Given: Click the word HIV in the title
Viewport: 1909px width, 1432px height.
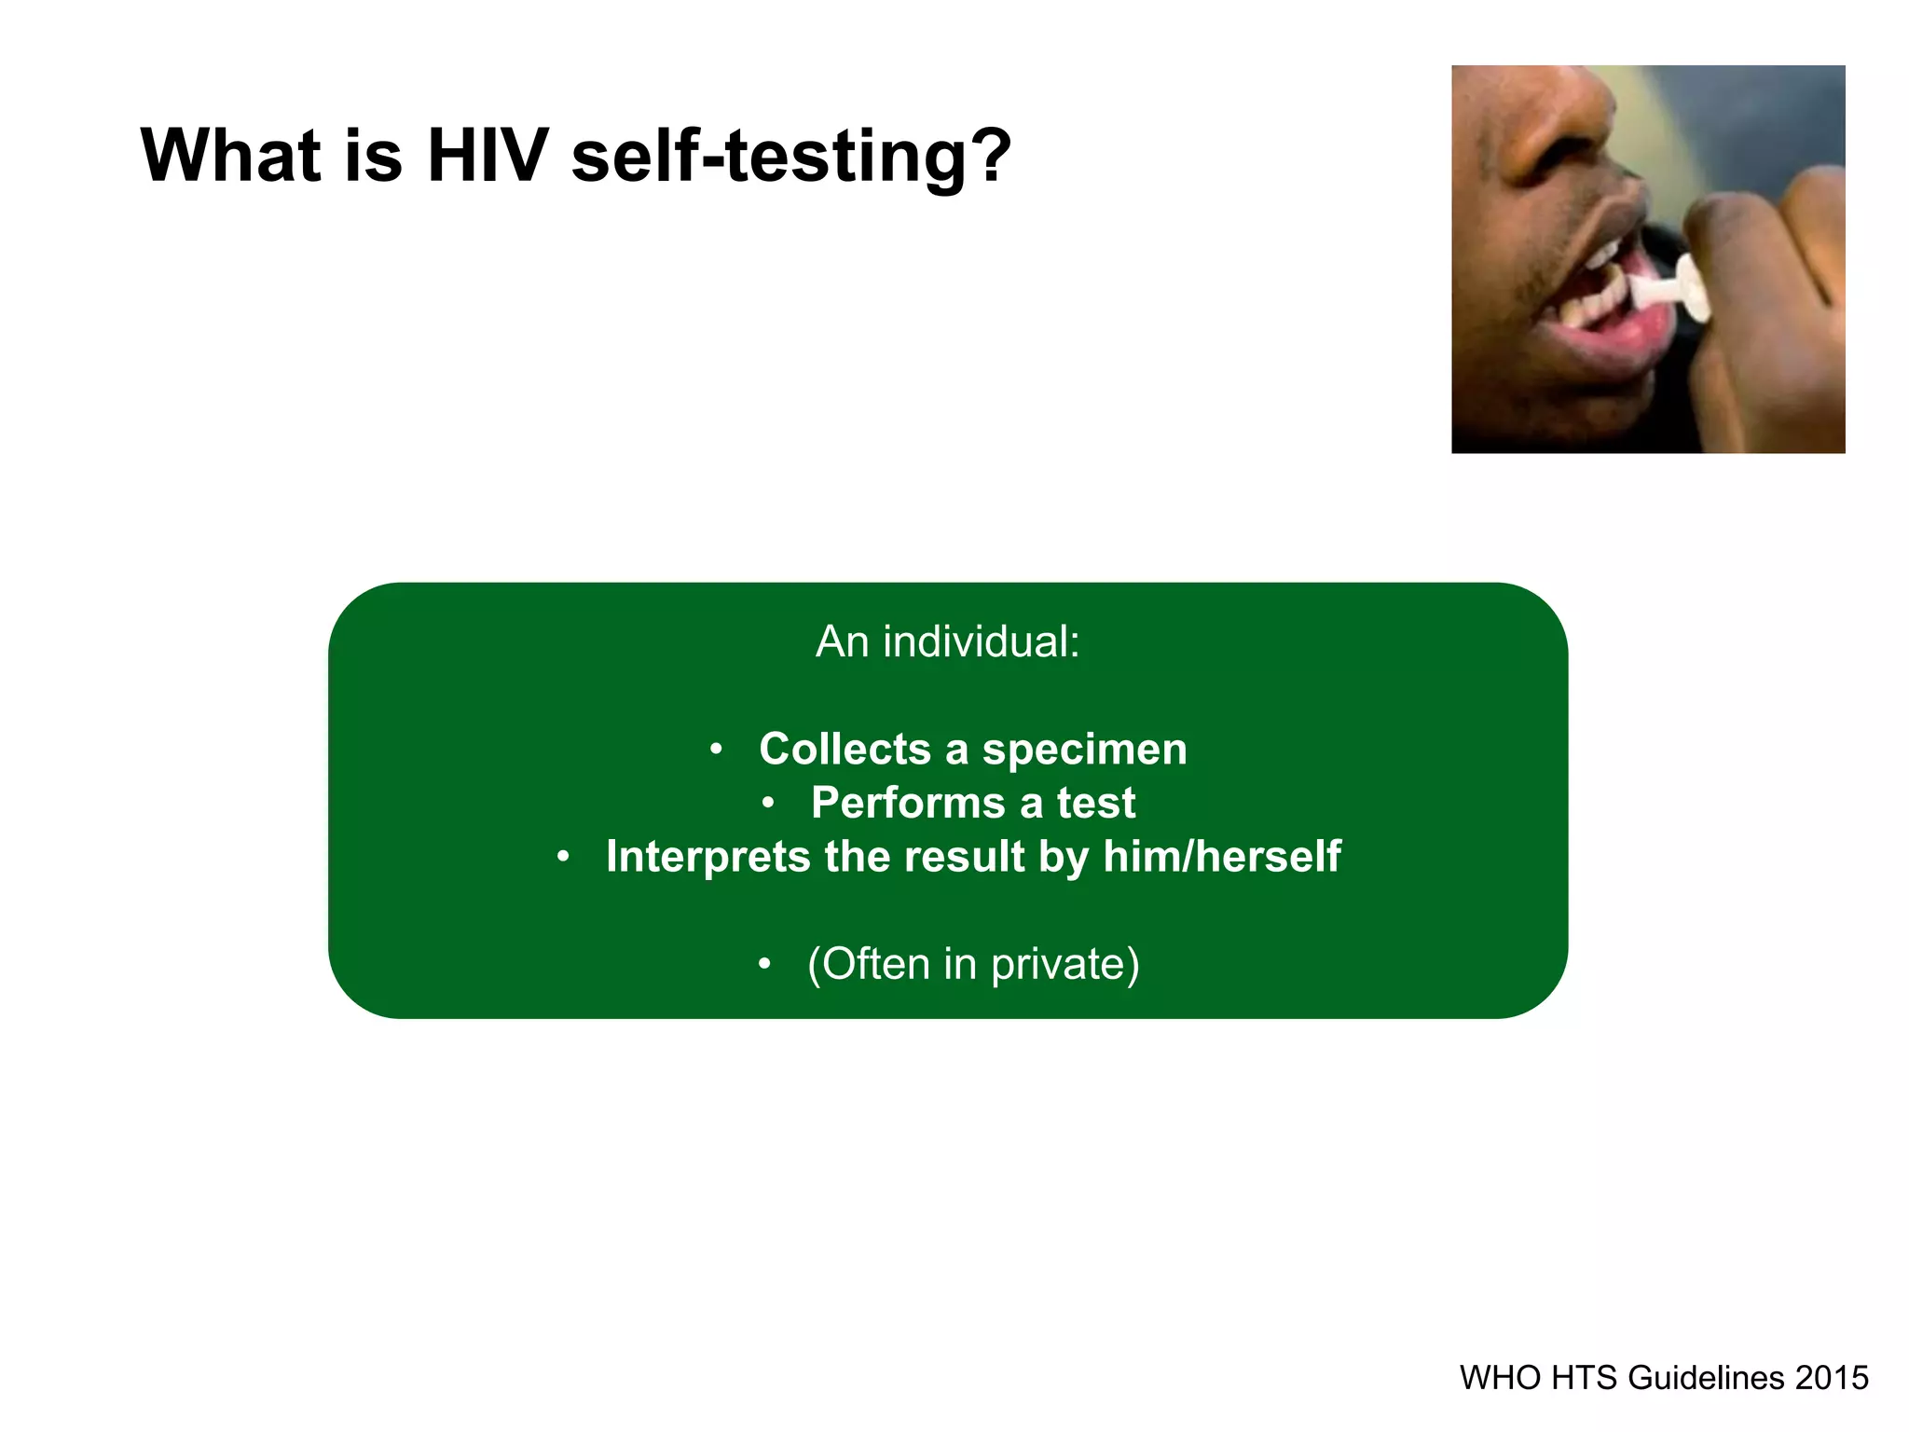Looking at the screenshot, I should point(487,155).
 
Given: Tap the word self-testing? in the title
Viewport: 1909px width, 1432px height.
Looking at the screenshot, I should point(790,157).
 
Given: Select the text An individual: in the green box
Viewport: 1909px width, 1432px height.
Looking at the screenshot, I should point(947,641).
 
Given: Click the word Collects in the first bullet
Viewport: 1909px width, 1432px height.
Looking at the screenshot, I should point(845,749).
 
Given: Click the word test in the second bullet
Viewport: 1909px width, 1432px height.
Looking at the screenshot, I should point(1095,803).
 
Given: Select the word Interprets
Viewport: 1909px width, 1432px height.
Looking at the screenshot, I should point(707,857).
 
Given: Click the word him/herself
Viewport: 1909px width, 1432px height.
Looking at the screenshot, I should point(1221,856).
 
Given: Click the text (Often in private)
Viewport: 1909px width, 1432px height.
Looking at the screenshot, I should point(972,964).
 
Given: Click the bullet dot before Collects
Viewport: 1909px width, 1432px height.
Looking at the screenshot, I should point(715,750).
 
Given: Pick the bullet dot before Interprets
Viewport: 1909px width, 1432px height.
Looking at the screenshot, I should point(562,857).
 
